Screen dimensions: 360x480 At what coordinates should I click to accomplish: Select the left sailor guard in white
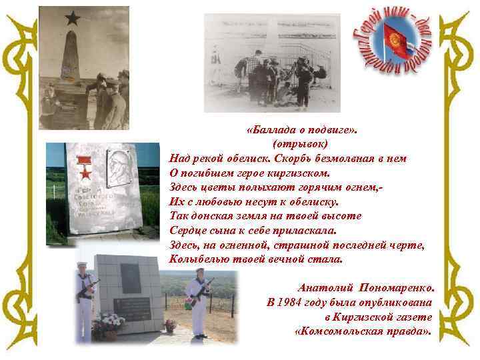click(x=83, y=300)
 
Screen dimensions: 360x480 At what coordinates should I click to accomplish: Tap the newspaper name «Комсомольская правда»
click(x=363, y=330)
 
